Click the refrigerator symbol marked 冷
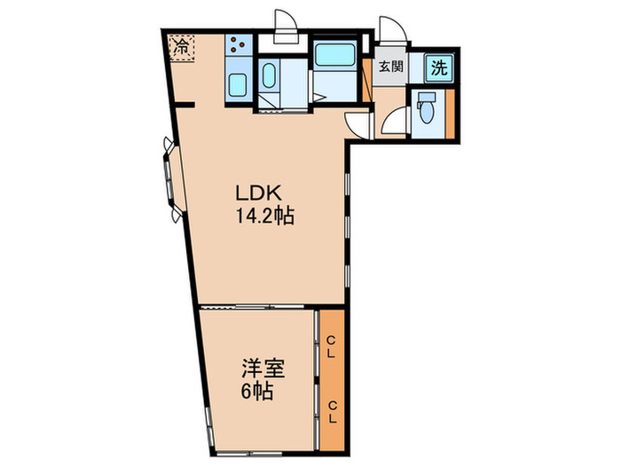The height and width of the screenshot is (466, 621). tap(180, 44)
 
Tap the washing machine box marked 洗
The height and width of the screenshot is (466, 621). tap(438, 67)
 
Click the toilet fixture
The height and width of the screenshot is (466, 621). tap(426, 110)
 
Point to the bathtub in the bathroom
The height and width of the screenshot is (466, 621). tap(335, 55)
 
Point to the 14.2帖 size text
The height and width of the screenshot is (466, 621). tap(264, 215)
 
